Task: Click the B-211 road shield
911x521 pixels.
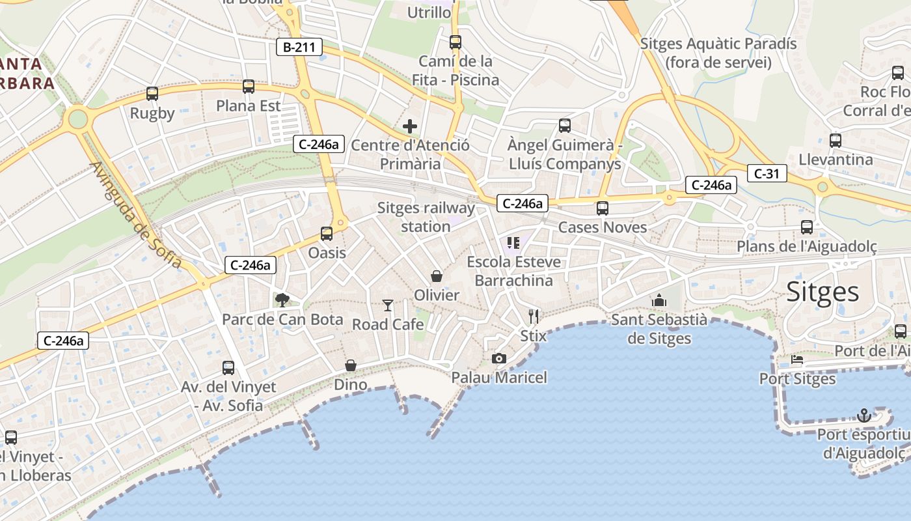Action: [299, 47]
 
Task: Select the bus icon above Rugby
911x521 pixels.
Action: [152, 94]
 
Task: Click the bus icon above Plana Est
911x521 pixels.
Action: [249, 87]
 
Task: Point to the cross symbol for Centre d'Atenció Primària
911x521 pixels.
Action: [410, 126]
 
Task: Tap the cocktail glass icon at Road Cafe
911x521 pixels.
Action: [388, 305]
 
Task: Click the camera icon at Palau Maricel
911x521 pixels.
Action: [499, 358]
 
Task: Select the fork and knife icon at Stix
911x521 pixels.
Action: [534, 317]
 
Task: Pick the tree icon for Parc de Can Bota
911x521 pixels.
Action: [282, 300]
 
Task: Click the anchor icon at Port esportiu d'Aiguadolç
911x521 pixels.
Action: [864, 415]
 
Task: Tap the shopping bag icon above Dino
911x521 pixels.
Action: [351, 365]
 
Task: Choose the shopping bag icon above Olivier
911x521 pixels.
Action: [437, 276]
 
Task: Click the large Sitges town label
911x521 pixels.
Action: [823, 292]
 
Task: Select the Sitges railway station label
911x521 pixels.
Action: [426, 218]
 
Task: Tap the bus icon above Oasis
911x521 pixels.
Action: [327, 233]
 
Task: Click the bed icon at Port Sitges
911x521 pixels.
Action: [797, 359]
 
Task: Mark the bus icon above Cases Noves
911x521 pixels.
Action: [603, 208]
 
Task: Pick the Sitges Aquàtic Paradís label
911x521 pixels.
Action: [718, 53]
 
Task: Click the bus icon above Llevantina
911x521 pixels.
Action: [836, 140]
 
